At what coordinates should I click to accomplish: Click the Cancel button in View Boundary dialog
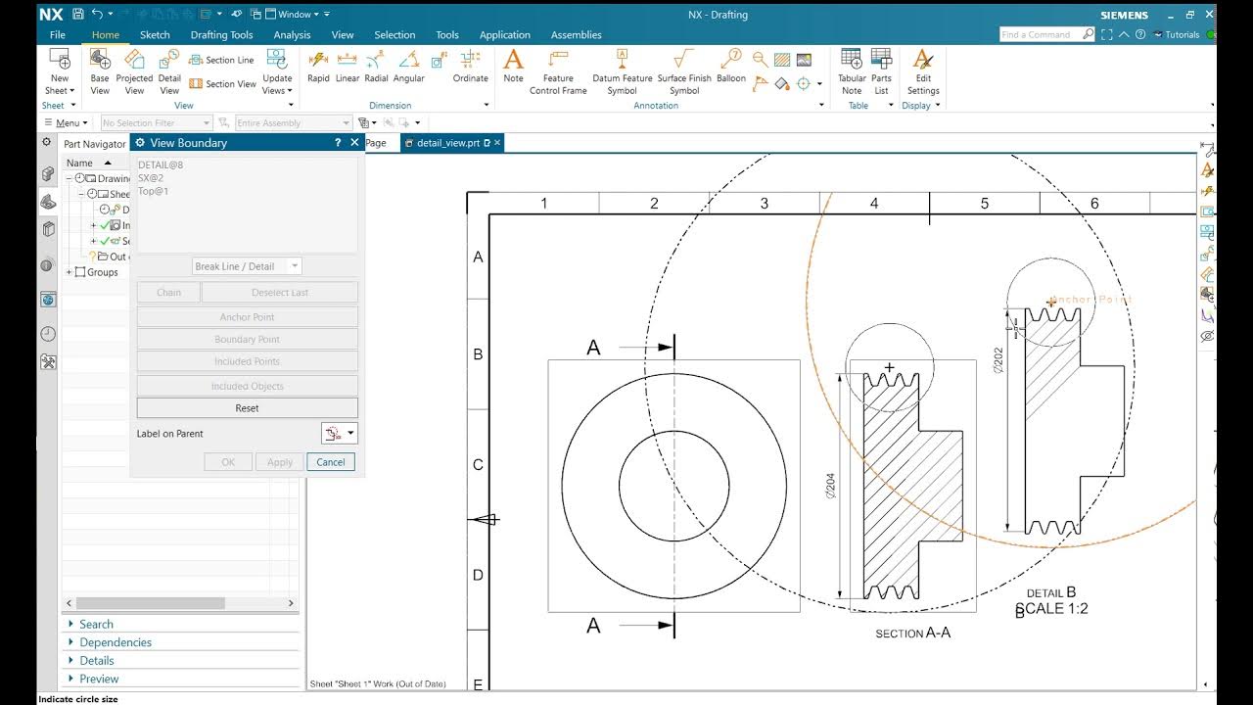330,462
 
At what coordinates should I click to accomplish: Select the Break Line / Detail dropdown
247,266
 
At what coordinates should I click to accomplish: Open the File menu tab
58,35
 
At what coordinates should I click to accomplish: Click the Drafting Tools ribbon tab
221,35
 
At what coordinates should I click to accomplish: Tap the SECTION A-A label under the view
912,634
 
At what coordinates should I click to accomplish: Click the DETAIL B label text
1051,592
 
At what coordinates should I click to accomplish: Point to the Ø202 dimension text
998,360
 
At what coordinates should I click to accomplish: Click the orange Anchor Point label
1091,300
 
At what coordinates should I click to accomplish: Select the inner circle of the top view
619,486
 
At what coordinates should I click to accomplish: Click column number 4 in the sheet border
874,204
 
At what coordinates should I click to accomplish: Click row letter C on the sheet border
478,464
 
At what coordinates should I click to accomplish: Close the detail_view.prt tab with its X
497,143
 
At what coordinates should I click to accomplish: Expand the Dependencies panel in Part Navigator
115,642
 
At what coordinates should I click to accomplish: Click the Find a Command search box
1040,34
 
